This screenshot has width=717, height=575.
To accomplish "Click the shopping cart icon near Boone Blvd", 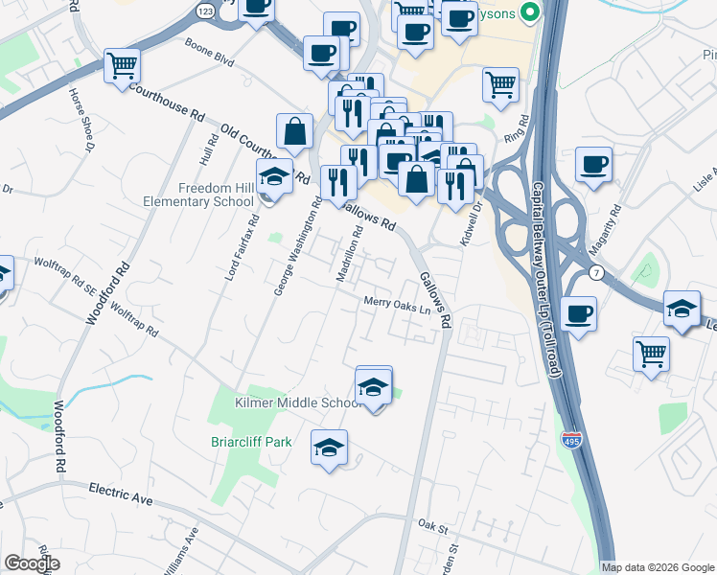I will pyautogui.click(x=122, y=66).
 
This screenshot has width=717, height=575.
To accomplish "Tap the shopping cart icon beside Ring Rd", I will pyautogui.click(x=500, y=85).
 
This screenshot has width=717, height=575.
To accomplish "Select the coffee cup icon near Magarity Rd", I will pyautogui.click(x=593, y=164).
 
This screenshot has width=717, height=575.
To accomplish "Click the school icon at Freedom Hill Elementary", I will pyautogui.click(x=274, y=177).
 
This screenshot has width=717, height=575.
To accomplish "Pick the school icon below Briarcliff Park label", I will pyautogui.click(x=329, y=448).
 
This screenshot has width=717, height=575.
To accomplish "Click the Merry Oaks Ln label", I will pyautogui.click(x=396, y=307).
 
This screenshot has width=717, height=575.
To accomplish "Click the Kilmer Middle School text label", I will pyautogui.click(x=297, y=403).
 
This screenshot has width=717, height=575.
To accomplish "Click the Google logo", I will pyautogui.click(x=32, y=563).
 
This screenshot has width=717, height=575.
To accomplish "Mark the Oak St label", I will pyautogui.click(x=433, y=524).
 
